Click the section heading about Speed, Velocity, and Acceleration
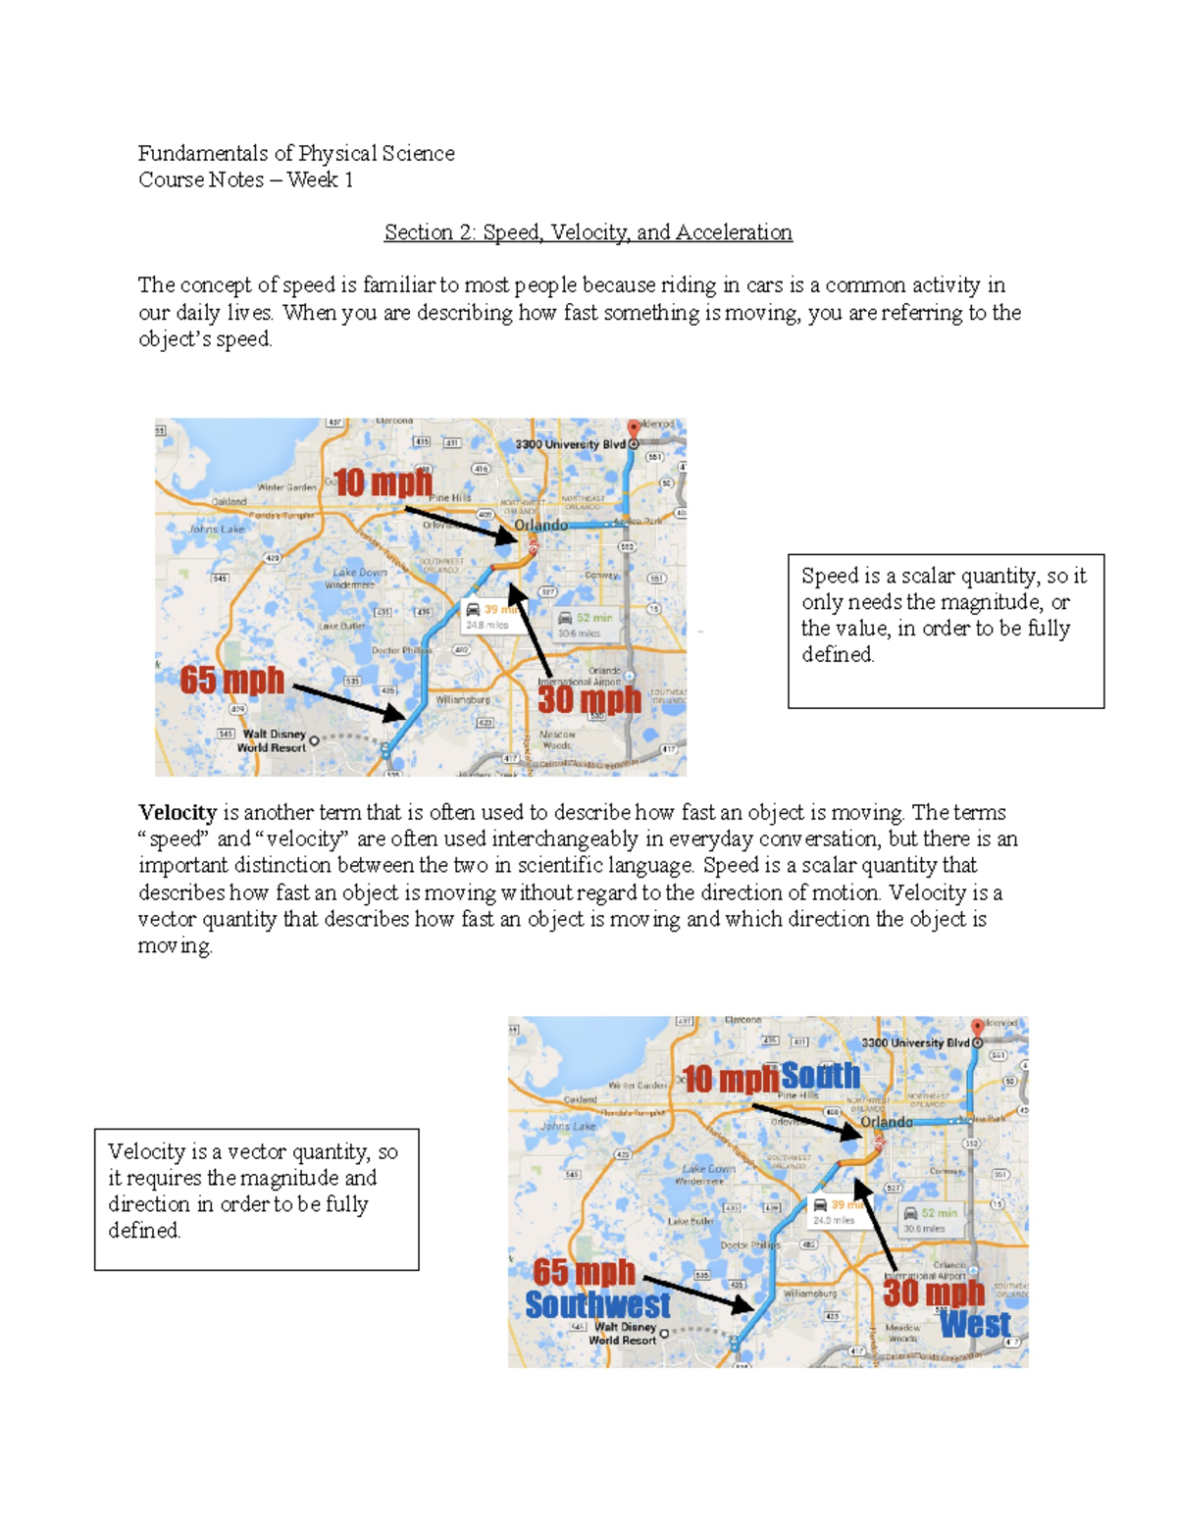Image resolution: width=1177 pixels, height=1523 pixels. coord(588,232)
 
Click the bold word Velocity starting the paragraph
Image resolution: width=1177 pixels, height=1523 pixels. coord(178,813)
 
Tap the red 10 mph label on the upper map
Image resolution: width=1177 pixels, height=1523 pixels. coord(383,482)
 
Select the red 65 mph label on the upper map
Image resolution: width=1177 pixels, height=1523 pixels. coord(232,680)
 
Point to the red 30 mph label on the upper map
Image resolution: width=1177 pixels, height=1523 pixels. coord(588,699)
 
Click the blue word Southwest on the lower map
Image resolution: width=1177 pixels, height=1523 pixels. coord(597,1305)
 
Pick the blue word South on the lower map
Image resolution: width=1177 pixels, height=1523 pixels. coord(821,1075)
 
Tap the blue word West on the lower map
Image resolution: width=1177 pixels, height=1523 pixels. coord(974,1324)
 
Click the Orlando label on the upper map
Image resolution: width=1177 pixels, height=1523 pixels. coord(540,525)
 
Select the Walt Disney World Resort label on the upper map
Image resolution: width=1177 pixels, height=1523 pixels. coord(273,740)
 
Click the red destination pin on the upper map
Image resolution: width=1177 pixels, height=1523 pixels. coord(634,430)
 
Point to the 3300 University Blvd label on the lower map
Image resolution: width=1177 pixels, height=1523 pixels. coord(915,1042)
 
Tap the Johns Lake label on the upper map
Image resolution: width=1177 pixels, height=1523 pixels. coord(217,529)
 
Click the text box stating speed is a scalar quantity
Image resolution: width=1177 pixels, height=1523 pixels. coord(946,630)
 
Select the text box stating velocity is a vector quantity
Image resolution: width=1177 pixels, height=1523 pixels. coord(256,1198)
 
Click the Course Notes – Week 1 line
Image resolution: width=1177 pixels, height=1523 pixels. coord(245,179)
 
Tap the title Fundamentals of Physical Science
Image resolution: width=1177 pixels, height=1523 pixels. coord(296,153)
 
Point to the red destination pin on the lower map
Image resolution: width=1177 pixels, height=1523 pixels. coord(977,1028)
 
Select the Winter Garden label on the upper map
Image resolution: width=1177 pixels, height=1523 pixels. coord(286,487)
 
